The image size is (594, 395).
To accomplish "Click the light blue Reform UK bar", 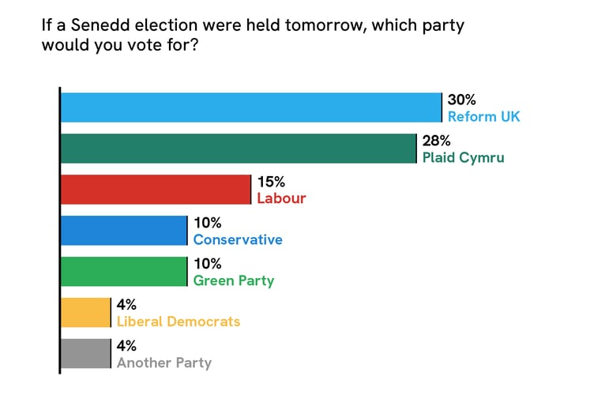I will point(251,107).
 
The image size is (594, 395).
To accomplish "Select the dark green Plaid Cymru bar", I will point(239,149).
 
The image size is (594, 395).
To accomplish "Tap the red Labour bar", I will point(156,190).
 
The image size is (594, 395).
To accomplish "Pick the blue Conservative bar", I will point(124,231).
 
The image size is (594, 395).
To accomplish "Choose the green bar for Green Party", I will point(124,272).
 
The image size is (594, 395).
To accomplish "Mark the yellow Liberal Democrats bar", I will point(86,313).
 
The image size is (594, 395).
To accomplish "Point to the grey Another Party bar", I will point(86,354).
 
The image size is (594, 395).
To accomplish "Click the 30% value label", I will point(461,100).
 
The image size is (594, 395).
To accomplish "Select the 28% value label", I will point(436,141).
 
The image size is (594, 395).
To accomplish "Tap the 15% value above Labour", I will point(270,182).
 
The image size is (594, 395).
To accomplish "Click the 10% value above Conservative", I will point(207,224).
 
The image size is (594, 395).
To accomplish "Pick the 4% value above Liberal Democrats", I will point(126,306).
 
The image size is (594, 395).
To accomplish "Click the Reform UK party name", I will point(483,117).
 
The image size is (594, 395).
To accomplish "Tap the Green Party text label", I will point(234,280).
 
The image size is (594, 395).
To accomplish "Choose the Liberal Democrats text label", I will point(178,322).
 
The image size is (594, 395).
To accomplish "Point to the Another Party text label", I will point(164,363).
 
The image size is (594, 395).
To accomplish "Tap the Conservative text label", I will point(237,239).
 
